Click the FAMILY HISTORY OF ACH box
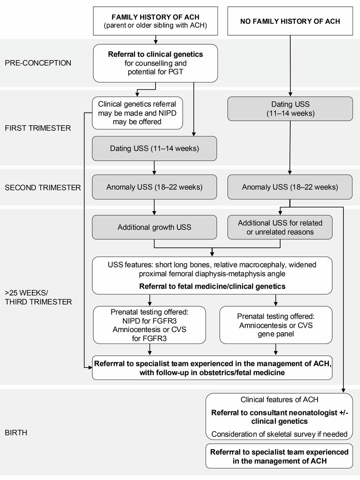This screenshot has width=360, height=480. [155, 21]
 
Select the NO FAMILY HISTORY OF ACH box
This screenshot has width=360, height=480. [290, 21]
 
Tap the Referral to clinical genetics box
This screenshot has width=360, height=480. [155, 63]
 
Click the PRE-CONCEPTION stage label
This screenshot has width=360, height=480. [38, 63]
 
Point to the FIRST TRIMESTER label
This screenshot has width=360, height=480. [38, 128]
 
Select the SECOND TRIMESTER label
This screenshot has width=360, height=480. [43, 187]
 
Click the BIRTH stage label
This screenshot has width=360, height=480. [16, 432]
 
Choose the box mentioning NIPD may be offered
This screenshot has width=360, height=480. [137, 113]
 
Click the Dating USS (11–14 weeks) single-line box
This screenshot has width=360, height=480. [154, 148]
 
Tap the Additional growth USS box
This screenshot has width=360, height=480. [154, 227]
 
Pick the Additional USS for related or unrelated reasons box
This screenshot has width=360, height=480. [280, 227]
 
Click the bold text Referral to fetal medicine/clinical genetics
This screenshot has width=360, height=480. [212, 286]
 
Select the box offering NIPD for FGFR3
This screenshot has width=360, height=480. [150, 325]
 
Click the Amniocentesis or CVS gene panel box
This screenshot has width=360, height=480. [276, 325]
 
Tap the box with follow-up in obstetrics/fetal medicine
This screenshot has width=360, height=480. [212, 368]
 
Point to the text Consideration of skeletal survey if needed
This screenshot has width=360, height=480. [279, 434]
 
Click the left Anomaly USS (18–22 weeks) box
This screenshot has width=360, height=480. [154, 187]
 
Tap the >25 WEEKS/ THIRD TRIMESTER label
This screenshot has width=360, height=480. [38, 297]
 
